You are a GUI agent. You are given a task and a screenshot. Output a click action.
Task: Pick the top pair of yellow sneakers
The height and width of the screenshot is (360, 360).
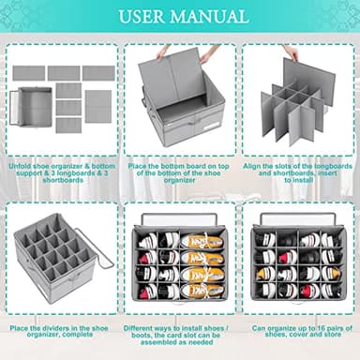201,242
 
